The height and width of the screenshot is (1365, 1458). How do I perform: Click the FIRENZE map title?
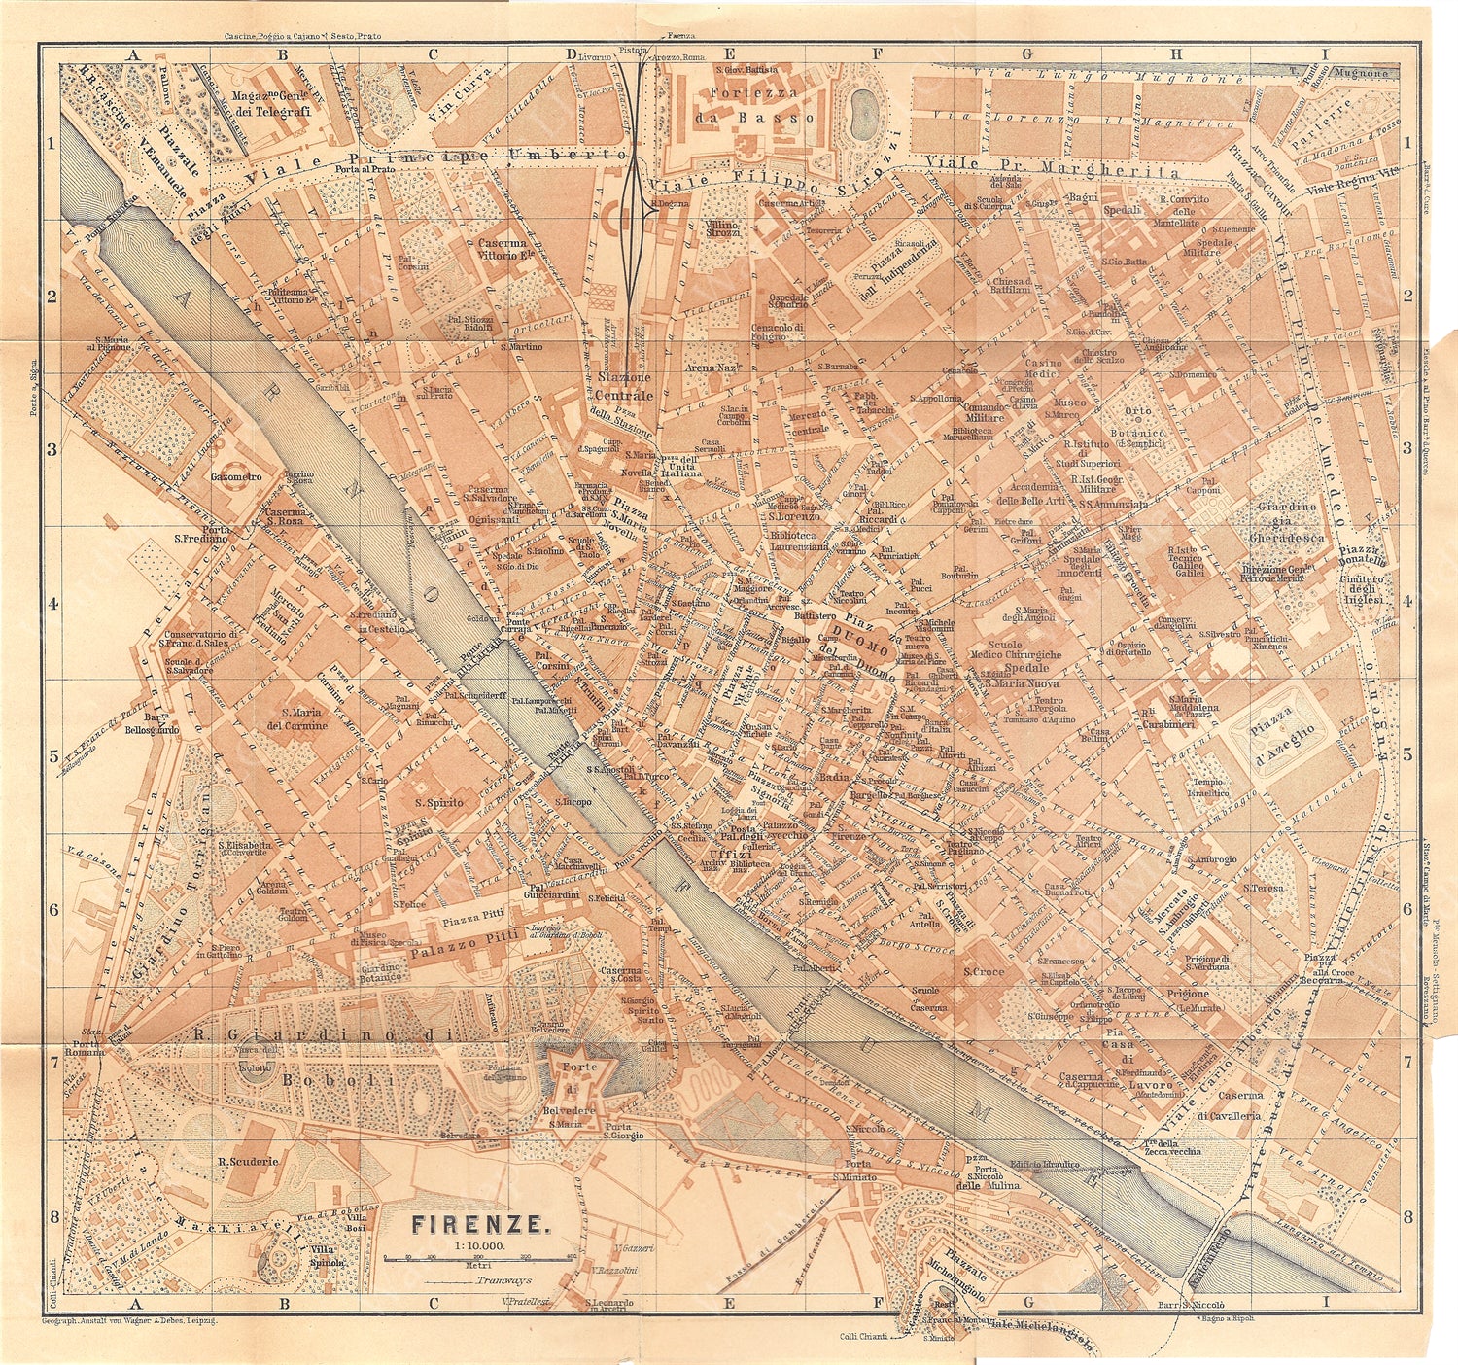(481, 1223)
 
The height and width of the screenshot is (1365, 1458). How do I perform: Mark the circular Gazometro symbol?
(236, 477)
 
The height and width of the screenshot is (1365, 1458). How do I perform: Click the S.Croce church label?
(984, 971)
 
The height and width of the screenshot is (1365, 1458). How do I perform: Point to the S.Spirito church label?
(438, 802)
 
